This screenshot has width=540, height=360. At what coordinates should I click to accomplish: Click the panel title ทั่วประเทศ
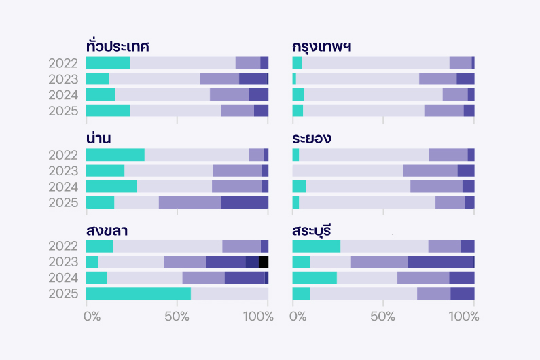click(x=118, y=47)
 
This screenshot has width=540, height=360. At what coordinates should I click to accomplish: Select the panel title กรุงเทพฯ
click(x=321, y=47)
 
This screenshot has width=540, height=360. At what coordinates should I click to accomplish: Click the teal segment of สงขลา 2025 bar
click(x=139, y=294)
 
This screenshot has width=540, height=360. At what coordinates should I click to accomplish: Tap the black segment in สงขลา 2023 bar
click(x=264, y=262)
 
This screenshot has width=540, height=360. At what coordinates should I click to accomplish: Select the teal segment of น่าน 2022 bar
click(x=115, y=154)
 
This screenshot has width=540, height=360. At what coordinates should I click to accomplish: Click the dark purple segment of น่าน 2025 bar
click(x=245, y=202)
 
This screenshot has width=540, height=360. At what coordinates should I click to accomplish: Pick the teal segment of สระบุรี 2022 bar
click(x=316, y=246)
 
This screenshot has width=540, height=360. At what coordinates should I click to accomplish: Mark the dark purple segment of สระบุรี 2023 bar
click(x=440, y=262)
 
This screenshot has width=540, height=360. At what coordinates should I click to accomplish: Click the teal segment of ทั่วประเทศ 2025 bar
click(x=109, y=111)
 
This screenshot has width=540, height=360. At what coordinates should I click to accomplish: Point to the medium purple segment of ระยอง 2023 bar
click(x=430, y=170)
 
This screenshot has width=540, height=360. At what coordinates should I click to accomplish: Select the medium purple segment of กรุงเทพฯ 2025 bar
click(x=444, y=111)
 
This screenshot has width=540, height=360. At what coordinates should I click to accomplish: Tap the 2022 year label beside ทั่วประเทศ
click(x=64, y=63)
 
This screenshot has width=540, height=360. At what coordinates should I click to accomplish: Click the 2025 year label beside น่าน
click(x=64, y=202)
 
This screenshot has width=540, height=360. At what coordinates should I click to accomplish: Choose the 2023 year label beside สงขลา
click(x=64, y=262)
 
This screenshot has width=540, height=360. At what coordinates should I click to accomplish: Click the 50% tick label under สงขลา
click(x=177, y=317)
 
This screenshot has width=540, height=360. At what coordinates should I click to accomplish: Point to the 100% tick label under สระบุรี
click(x=464, y=317)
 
